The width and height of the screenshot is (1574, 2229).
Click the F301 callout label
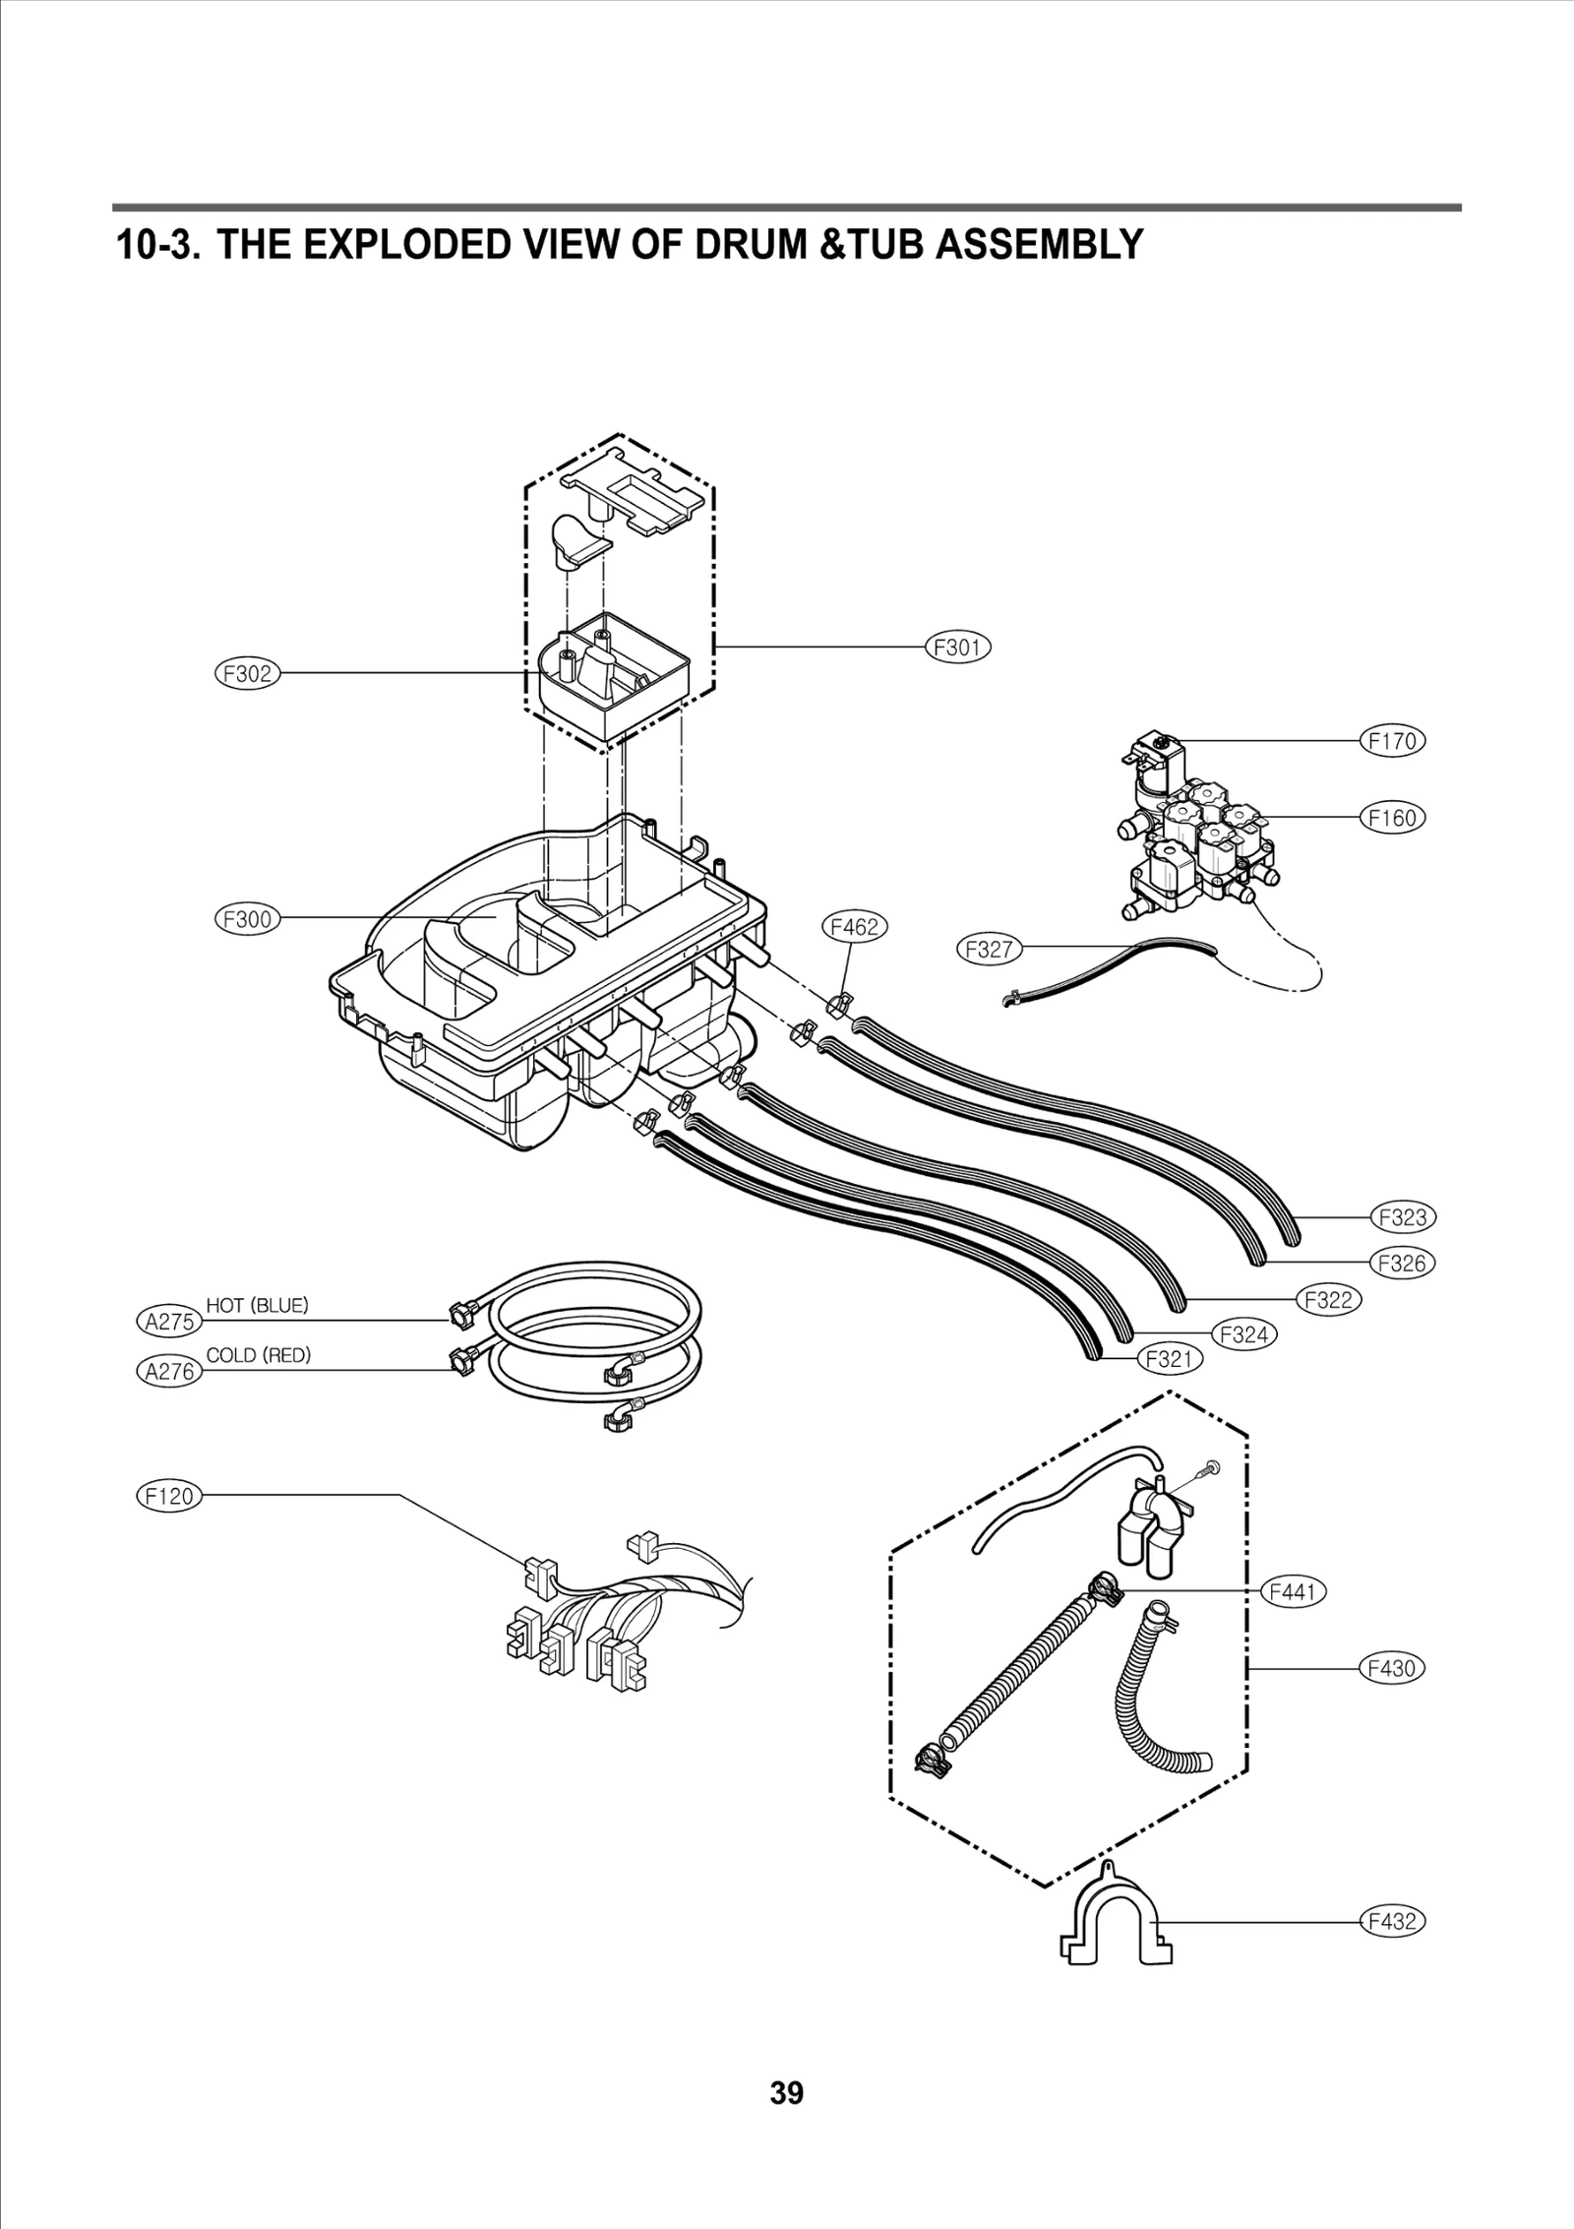tap(958, 647)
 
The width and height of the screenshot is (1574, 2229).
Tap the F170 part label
tap(1392, 740)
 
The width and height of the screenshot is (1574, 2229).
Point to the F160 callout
tap(1392, 817)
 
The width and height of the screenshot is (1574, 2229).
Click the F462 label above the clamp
tap(854, 926)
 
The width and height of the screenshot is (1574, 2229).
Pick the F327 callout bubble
tap(989, 950)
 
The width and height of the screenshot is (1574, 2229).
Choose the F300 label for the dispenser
tap(247, 919)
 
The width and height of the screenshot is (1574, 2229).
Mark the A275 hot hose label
tap(169, 1321)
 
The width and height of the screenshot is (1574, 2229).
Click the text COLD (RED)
tap(259, 1355)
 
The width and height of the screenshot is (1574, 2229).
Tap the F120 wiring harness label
tap(168, 1497)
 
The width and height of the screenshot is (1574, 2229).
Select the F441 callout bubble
tap(1293, 1591)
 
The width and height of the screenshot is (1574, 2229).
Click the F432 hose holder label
tap(1392, 1920)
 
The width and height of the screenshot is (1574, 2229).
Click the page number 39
tap(786, 2120)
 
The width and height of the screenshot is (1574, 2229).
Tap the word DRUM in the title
tap(751, 244)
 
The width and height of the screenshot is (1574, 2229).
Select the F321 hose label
tap(1170, 1359)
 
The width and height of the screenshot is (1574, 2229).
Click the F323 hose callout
tap(1403, 1217)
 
